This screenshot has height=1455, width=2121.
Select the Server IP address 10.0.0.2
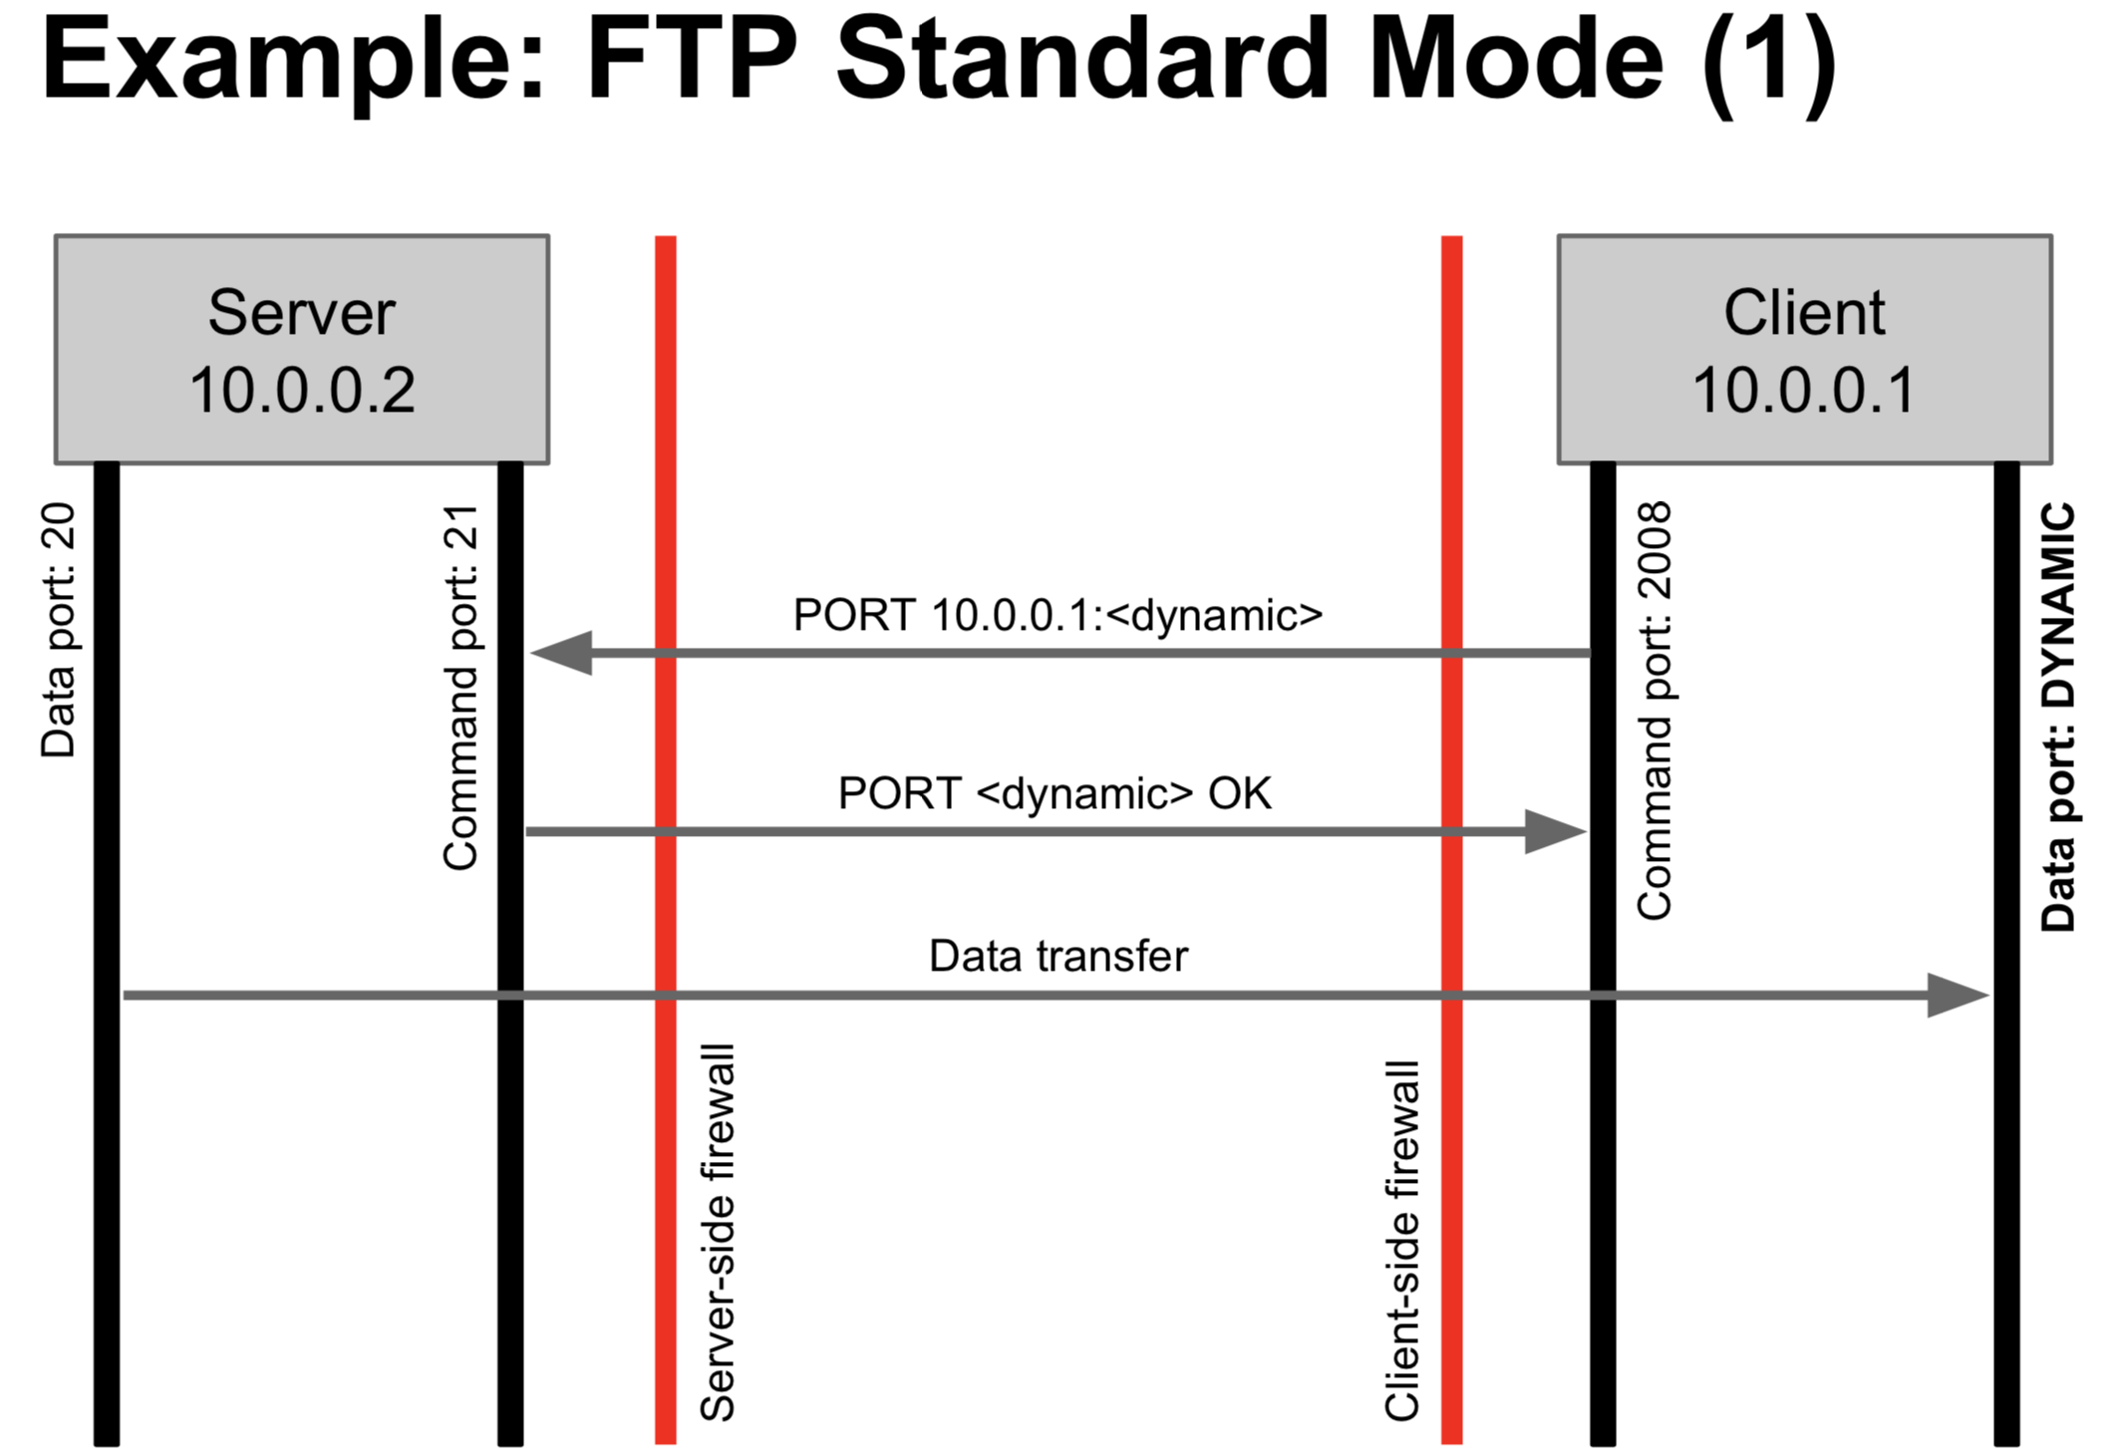tap(302, 390)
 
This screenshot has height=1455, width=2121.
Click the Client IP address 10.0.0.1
tap(1804, 390)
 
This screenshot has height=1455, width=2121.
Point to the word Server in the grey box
tap(302, 312)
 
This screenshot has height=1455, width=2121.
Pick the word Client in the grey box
tap(1804, 312)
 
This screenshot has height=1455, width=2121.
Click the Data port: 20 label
tap(59, 631)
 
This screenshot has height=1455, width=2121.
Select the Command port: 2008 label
tap(1655, 711)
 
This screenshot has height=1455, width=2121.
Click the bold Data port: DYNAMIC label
tap(2058, 717)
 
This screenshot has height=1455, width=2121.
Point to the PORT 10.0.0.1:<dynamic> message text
tap(1058, 615)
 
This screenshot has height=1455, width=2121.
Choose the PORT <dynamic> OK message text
tap(1055, 793)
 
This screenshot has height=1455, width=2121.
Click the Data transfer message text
tap(1059, 956)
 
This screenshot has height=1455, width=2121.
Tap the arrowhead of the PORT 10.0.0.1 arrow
tap(562, 653)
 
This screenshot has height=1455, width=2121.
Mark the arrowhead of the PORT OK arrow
tap(1555, 832)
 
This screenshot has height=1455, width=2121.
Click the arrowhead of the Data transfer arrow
tap(1958, 996)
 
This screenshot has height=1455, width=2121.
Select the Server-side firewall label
tap(718, 1233)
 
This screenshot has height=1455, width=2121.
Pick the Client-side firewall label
tap(1401, 1241)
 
